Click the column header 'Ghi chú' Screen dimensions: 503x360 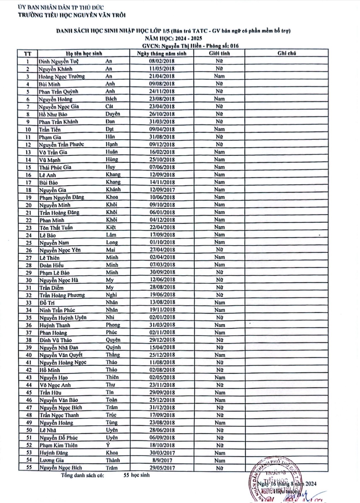click(287, 53)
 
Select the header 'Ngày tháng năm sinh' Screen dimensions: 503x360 click(162, 54)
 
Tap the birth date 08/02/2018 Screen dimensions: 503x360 click(162, 61)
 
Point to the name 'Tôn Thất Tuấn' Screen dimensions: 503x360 click(56, 228)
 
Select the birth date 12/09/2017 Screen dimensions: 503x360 click(162, 190)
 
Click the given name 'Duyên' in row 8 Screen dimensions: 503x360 click(113, 114)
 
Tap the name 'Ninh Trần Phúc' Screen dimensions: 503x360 click(57, 310)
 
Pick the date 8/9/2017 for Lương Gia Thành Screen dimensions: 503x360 click(162, 460)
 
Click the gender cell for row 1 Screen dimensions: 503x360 click(219, 61)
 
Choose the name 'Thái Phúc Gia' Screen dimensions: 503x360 click(55, 167)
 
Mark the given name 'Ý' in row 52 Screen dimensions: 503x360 click(108, 445)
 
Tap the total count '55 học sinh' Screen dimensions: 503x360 click(137, 475)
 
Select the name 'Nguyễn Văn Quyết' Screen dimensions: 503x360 click(61, 355)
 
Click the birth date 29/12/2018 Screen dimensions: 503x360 click(162, 340)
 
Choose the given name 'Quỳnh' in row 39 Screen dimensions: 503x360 click(113, 348)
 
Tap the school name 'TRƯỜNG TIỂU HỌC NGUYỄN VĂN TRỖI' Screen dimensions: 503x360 click(72, 15)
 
